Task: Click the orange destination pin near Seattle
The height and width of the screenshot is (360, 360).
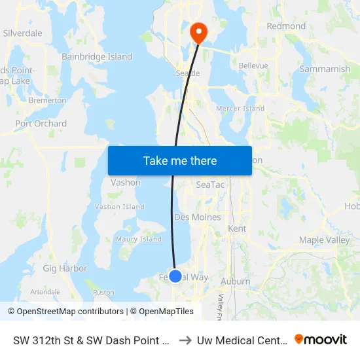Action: (x=197, y=31)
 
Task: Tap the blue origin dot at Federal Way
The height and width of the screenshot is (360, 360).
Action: (x=175, y=276)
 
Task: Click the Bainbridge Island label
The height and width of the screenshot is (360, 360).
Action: (x=97, y=57)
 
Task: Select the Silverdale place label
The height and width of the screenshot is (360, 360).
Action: (x=22, y=33)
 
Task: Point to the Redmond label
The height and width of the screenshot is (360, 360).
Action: (x=286, y=26)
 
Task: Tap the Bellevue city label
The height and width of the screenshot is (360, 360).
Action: (x=253, y=66)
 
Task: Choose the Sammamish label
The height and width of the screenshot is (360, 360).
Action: (x=325, y=69)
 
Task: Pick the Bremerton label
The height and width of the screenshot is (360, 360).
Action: (x=47, y=101)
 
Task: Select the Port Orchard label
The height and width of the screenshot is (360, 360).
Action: (x=41, y=123)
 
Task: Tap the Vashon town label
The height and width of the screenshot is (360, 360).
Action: (x=126, y=183)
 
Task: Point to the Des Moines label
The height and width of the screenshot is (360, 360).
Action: (x=197, y=217)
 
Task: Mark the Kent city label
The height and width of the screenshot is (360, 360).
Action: (x=236, y=229)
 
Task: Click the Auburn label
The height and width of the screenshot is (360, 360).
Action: (x=236, y=281)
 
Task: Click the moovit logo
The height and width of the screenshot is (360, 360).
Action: (x=321, y=339)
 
